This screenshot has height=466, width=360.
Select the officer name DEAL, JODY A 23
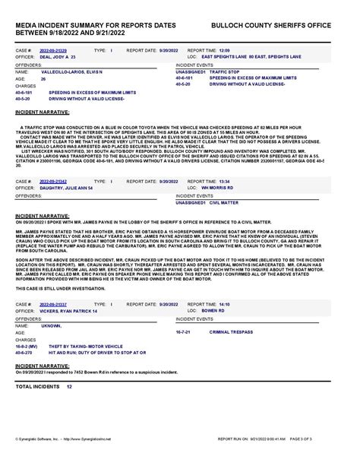click(55, 56)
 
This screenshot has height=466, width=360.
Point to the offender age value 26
click(43, 78)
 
